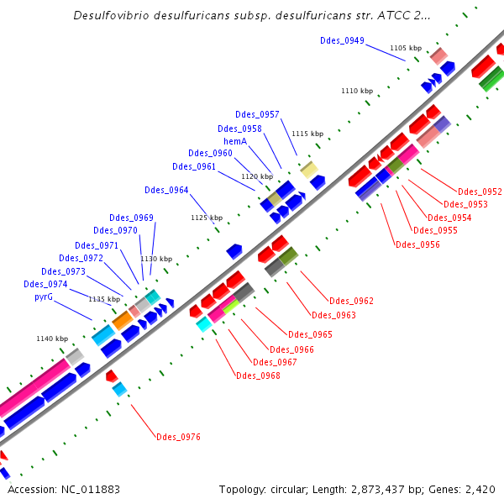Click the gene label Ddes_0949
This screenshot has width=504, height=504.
(342, 40)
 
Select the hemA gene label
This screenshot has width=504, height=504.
(235, 141)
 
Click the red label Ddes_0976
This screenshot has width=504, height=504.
(178, 437)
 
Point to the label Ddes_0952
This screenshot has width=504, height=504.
(480, 192)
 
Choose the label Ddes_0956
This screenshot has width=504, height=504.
(417, 244)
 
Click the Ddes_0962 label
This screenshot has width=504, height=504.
(351, 301)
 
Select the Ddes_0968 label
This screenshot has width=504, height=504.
(258, 375)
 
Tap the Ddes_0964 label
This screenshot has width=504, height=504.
(166, 190)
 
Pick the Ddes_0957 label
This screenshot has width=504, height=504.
(258, 114)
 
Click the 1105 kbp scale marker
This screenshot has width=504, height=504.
(406, 49)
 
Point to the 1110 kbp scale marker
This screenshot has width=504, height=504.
(356, 91)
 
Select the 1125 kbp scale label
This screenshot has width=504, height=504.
(207, 218)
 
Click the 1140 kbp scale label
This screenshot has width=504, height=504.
(52, 339)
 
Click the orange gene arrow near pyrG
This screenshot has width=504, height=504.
(122, 320)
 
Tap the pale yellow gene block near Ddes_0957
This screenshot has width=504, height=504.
(309, 170)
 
